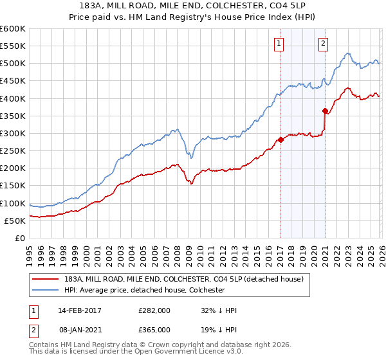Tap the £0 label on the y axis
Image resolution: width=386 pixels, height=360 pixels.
click(x=19, y=239)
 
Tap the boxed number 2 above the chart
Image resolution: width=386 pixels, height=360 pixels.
click(x=323, y=44)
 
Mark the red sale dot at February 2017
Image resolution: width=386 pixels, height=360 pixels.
click(x=280, y=139)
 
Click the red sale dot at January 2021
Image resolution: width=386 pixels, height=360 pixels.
click(x=325, y=111)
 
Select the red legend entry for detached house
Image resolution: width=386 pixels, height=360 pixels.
click(x=188, y=279)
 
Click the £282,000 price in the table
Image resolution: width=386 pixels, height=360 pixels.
click(x=154, y=310)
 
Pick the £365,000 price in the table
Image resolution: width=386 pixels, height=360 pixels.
click(x=154, y=329)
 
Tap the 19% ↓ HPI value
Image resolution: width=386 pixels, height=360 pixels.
click(x=219, y=329)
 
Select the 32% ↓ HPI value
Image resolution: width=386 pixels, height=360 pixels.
click(x=219, y=310)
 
